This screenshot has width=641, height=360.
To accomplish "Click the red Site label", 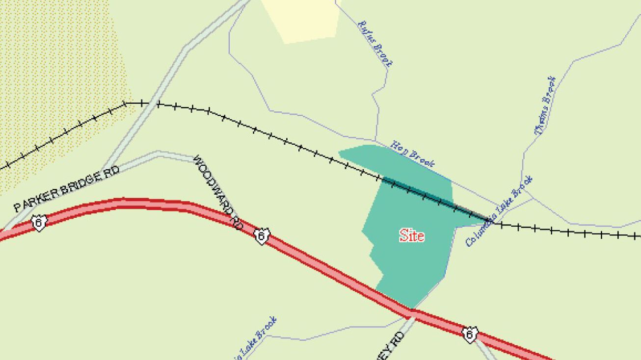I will click(412, 236).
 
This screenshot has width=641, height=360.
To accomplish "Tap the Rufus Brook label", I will click(375, 43).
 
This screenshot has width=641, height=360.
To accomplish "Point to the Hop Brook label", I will click(412, 154).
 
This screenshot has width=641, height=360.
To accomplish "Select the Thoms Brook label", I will click(544, 105).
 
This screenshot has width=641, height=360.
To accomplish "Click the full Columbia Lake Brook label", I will click(499, 211).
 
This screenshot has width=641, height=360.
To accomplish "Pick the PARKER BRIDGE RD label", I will click(66, 189).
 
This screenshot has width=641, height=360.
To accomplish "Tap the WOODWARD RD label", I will click(218, 192).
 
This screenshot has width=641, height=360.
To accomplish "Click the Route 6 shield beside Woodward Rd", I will click(262, 236).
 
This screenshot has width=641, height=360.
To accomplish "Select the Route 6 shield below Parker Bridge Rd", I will click(38, 222).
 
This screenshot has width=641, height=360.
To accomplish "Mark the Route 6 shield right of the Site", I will click(469, 334).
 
